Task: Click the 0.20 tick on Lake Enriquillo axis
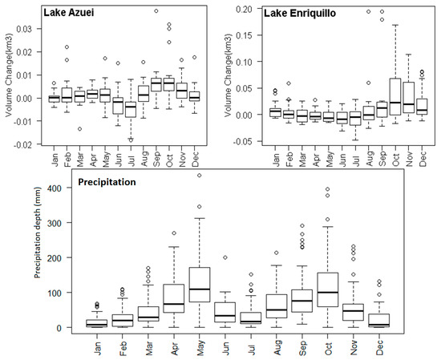[253, 8]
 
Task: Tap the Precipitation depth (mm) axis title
[37, 257]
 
